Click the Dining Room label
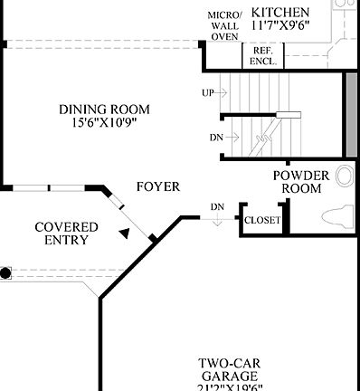click(x=99, y=109)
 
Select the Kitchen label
click(x=281, y=12)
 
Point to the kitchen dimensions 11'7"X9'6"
click(x=281, y=26)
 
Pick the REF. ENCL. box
click(x=263, y=55)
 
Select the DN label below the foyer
click(x=217, y=207)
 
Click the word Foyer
click(x=157, y=186)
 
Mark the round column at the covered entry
click(x=5, y=272)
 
